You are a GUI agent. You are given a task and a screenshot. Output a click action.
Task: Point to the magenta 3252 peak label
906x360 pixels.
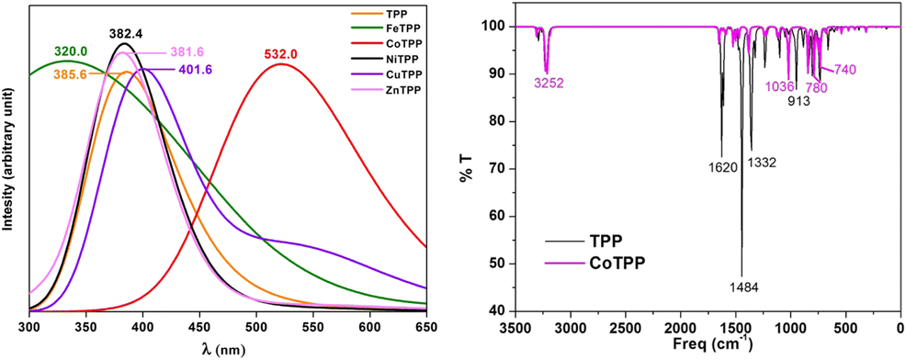coord(548,83)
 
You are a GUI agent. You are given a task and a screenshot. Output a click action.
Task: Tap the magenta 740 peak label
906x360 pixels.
coord(845,70)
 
